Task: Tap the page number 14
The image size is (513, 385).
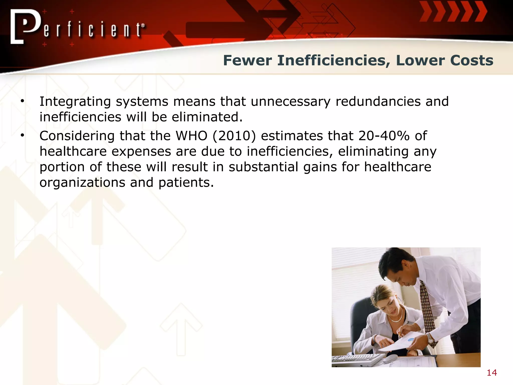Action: click(492, 373)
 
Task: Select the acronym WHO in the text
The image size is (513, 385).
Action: click(191, 136)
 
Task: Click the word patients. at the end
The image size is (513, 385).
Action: click(186, 183)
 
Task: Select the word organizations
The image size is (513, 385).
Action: click(82, 183)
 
